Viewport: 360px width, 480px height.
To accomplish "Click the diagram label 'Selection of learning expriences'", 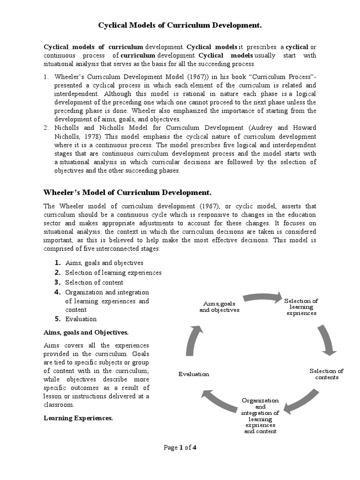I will tap(301, 307).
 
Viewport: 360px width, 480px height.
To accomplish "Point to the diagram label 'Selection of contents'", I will tap(326, 374).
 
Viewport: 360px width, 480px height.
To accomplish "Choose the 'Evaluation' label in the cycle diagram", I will tap(194, 374).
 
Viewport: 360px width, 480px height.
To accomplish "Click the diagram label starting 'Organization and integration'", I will tap(260, 415).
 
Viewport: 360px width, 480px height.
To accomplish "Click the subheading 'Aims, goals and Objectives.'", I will tap(86, 332).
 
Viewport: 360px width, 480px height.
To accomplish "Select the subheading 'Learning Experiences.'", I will tap(78, 417).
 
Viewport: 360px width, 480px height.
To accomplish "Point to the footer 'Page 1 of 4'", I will tap(180, 447).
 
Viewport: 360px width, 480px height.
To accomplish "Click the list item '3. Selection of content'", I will tap(94, 282).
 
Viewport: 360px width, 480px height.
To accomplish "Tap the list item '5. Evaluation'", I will tap(81, 319).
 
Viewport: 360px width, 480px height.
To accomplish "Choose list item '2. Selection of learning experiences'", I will tap(113, 272).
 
